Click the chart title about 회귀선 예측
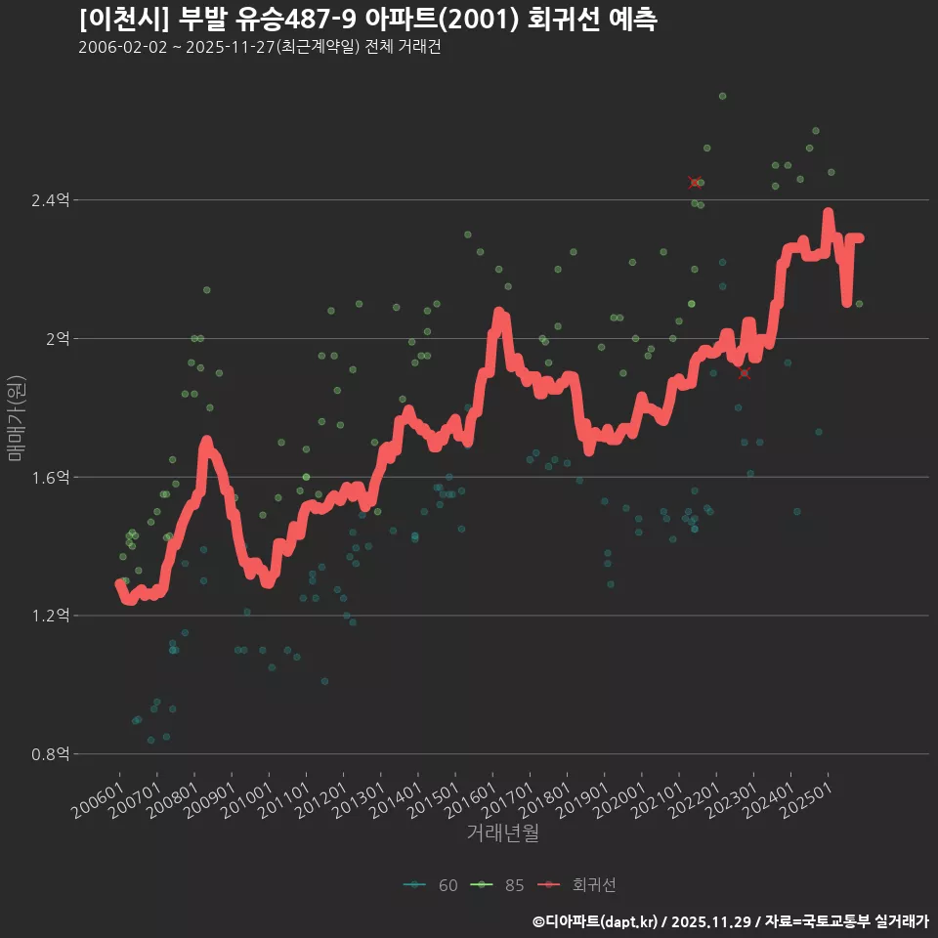pos(367,20)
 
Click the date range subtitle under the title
pos(259,48)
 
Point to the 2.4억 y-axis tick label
pos(50,200)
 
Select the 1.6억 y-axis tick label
pos(50,478)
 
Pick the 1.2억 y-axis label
pos(50,616)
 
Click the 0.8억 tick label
pos(50,754)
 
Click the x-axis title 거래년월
pos(502,833)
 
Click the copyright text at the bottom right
pos(730,921)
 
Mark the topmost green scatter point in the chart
pos(722,96)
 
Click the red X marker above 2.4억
pos(695,183)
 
